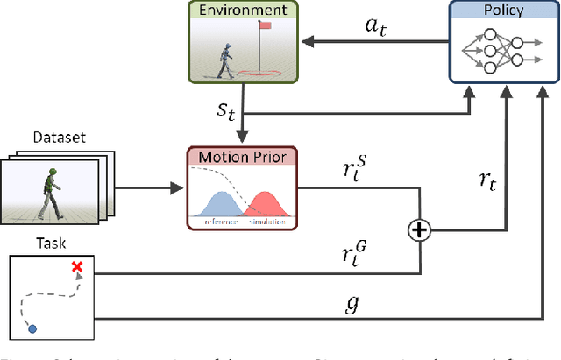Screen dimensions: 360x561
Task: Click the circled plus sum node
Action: [420, 230]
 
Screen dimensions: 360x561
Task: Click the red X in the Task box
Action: [77, 267]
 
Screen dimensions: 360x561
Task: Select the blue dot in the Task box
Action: [33, 328]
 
